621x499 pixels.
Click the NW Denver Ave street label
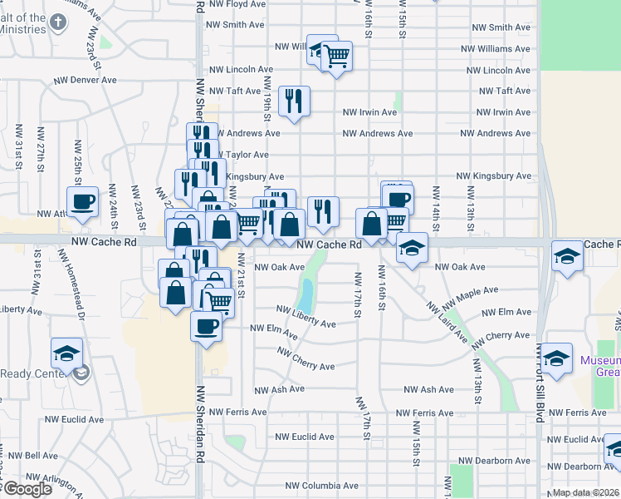click(86, 81)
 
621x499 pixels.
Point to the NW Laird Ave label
click(447, 323)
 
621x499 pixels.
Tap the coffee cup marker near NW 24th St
click(83, 202)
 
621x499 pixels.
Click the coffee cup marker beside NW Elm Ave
click(206, 325)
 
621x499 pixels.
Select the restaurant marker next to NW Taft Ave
click(294, 101)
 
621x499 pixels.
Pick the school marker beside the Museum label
click(557, 358)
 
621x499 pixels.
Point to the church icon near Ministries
click(57, 20)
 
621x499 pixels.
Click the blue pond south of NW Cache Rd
click(306, 293)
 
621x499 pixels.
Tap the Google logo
click(27, 488)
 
